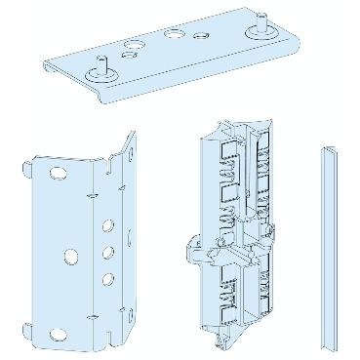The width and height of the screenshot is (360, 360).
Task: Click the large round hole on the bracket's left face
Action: tap(71, 256)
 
